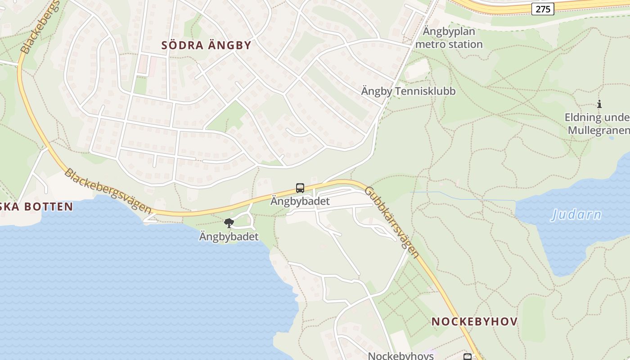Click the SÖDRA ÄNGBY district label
pyautogui.click(x=206, y=45)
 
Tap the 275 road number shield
pyautogui.click(x=543, y=9)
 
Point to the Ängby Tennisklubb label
pyautogui.click(x=408, y=91)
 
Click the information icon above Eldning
pyautogui.click(x=599, y=104)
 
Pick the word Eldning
pyautogui.click(x=583, y=118)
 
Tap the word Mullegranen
pyautogui.click(x=598, y=130)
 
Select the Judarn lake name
pyautogui.click(x=576, y=215)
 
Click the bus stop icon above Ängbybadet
pyautogui.click(x=300, y=188)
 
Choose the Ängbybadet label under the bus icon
pyautogui.click(x=300, y=201)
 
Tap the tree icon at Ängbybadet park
pyautogui.click(x=229, y=223)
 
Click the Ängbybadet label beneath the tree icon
pyautogui.click(x=229, y=237)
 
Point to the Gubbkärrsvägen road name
pyautogui.click(x=391, y=222)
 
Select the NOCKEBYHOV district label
pyautogui.click(x=474, y=322)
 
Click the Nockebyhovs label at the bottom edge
pyautogui.click(x=400, y=356)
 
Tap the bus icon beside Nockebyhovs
pyautogui.click(x=468, y=357)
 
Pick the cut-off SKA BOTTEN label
pyautogui.click(x=36, y=207)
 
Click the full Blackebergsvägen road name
pyautogui.click(x=108, y=190)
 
